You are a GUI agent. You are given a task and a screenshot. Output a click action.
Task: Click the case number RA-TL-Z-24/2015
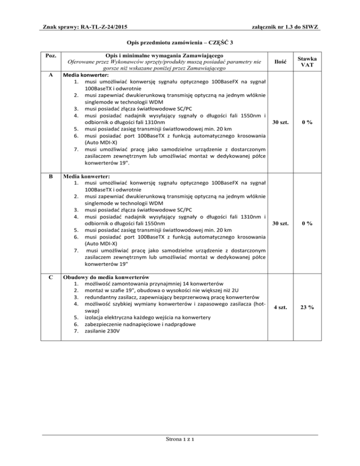pos(99,28)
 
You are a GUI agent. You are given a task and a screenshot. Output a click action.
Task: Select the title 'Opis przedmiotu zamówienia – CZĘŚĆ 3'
pos(180,43)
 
